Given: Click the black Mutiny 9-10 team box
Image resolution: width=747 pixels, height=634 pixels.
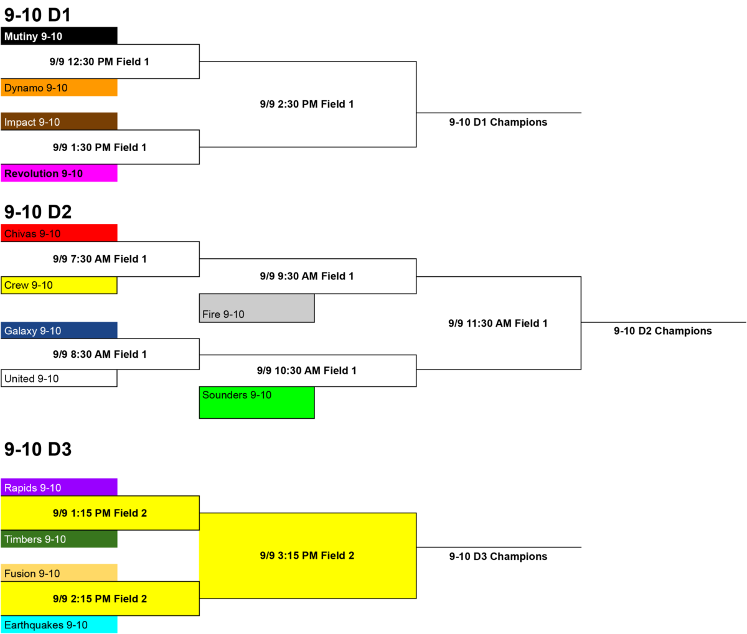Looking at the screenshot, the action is [x=59, y=35].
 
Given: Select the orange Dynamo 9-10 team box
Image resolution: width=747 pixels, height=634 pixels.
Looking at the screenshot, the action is [x=59, y=88].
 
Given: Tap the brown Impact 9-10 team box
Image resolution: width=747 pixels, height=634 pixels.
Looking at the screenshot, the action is [x=59, y=121].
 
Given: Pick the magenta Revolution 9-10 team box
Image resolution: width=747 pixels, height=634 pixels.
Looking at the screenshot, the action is [x=59, y=173].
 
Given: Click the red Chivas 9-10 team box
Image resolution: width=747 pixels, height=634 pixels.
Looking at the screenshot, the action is [x=59, y=233].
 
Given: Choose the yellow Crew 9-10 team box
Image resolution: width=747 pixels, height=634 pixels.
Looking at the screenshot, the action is [x=59, y=285].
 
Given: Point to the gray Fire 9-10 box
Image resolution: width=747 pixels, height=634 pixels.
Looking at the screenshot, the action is [x=256, y=308].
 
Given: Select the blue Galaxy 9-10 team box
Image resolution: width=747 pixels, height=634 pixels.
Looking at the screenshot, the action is [x=59, y=330].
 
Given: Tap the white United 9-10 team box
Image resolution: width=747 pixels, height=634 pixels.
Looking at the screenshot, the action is [x=59, y=378].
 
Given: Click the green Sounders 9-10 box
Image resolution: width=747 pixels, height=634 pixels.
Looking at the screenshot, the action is [x=256, y=403].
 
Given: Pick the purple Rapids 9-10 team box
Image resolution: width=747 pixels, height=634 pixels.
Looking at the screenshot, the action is [x=59, y=487].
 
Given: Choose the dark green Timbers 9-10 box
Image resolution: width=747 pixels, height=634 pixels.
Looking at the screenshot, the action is [x=59, y=539].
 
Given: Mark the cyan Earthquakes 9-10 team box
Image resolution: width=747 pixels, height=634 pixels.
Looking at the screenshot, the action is [x=59, y=625].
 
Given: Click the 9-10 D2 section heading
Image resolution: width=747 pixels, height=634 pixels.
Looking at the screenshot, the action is [x=38, y=212].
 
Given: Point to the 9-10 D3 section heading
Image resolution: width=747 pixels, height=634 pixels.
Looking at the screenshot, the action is [x=38, y=449].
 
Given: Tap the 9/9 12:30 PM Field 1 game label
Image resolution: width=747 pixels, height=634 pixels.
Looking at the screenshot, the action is [x=100, y=62].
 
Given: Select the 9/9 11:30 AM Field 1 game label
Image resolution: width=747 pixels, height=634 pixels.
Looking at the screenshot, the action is [x=498, y=324].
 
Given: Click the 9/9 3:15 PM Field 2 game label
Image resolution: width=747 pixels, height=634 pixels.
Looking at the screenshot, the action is [x=307, y=556].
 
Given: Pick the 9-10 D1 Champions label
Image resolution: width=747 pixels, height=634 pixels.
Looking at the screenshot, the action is [x=498, y=123].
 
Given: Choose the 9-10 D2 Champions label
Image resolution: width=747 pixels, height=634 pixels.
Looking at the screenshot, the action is [x=662, y=331].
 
